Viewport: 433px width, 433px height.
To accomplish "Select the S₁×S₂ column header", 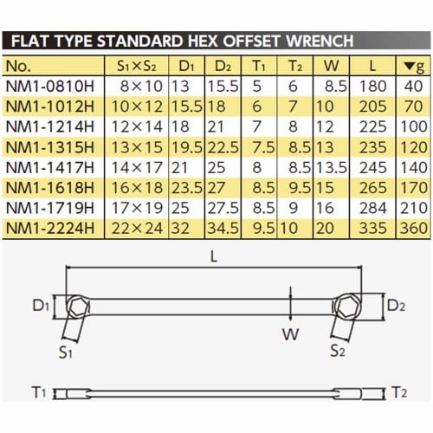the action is tap(137, 66).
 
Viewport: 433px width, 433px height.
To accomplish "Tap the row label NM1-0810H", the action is tap(50, 86).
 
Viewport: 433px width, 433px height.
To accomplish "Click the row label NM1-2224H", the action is tap(50, 229).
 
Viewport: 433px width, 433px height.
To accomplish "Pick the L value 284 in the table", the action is tap(372, 208).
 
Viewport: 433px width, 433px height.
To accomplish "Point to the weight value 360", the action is tap(413, 229).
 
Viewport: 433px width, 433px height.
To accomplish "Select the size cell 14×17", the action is tap(137, 167).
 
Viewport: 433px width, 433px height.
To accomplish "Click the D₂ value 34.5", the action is tap(223, 229).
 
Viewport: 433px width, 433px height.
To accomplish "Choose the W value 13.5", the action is tap(332, 167).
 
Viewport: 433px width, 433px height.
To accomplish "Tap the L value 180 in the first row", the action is tap(372, 86).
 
